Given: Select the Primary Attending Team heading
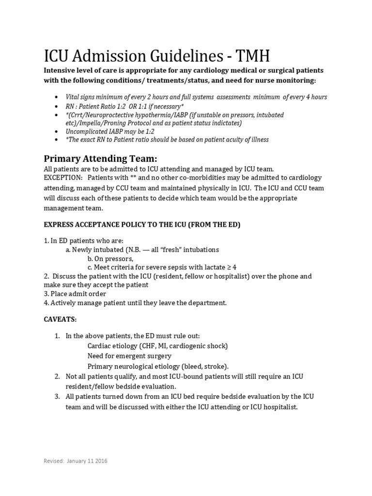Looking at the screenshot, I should pyautogui.click(x=100, y=159).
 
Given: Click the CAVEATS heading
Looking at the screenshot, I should pyautogui.click(x=60, y=320).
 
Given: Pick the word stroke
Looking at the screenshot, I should pyautogui.click(x=217, y=366).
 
